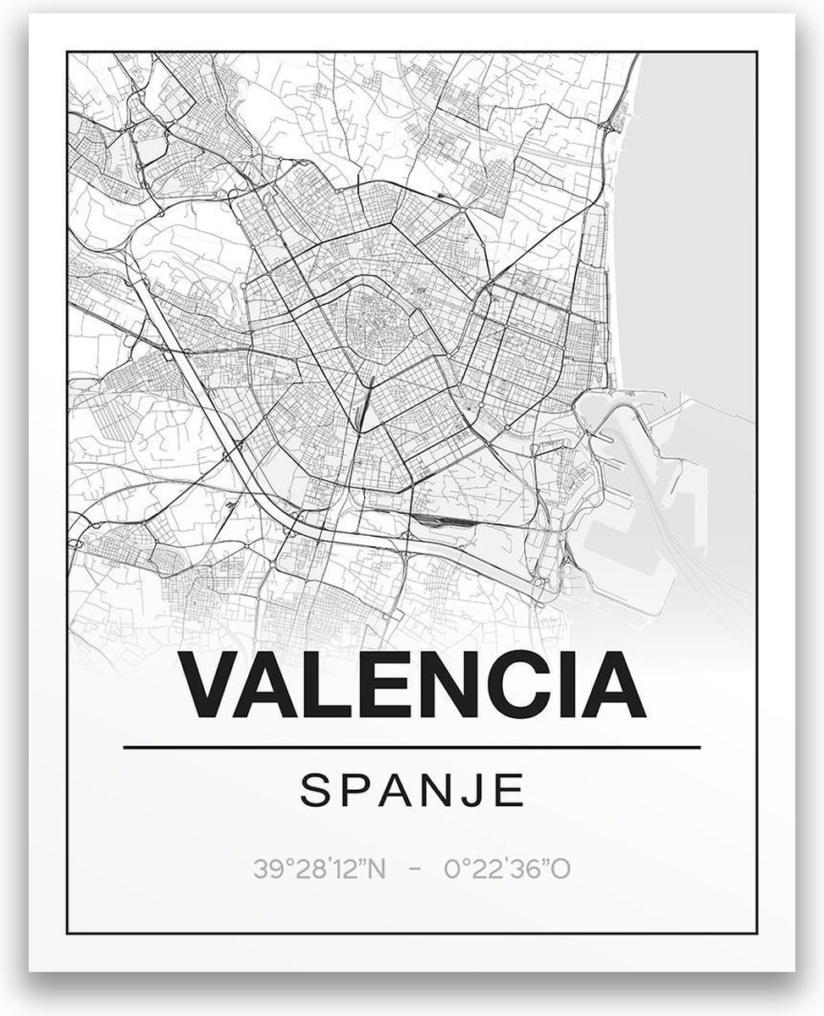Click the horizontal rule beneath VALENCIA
pos(412,748)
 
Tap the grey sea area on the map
pos(703,212)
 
